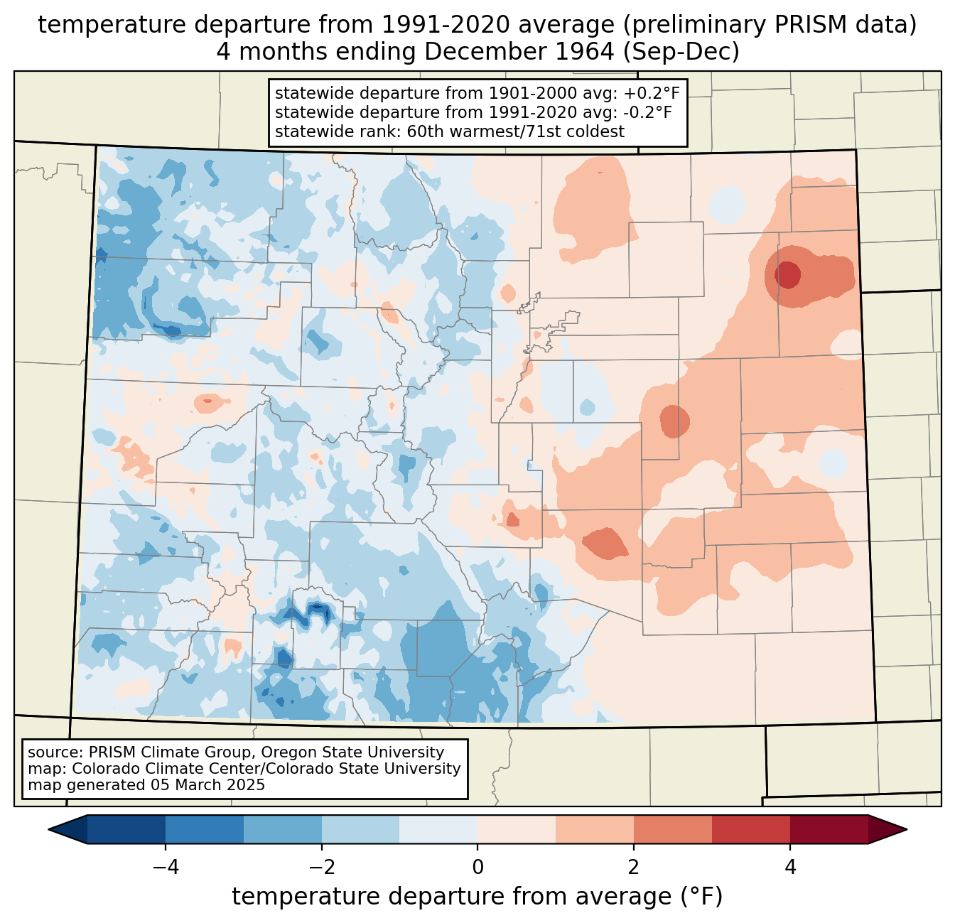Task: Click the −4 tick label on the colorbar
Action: coord(166,868)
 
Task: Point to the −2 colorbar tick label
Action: coord(321,868)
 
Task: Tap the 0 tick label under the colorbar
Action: coord(477,868)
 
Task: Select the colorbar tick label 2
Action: coord(634,868)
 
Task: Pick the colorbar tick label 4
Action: coord(789,868)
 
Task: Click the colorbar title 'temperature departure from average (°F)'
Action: coord(477,897)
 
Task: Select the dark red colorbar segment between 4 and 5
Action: coord(829,829)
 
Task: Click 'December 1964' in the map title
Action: coord(519,52)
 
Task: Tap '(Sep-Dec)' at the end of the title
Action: coord(681,52)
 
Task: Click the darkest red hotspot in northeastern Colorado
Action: coord(787,274)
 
